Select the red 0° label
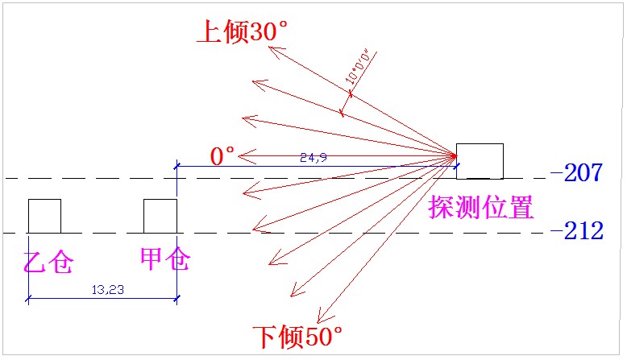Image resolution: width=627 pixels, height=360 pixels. [222, 155]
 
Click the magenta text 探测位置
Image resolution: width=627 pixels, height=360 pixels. [482, 208]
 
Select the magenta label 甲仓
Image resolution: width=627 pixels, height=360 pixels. [166, 260]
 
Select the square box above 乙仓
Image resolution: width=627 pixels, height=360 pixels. [44, 216]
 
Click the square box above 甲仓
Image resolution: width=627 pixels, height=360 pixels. [160, 216]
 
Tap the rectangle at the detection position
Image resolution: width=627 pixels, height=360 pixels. [480, 161]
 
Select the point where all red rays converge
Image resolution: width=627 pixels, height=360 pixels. [457, 155]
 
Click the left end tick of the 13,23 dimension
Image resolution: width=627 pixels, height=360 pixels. [28, 299]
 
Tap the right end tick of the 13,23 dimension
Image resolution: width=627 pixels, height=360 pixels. [176, 299]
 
